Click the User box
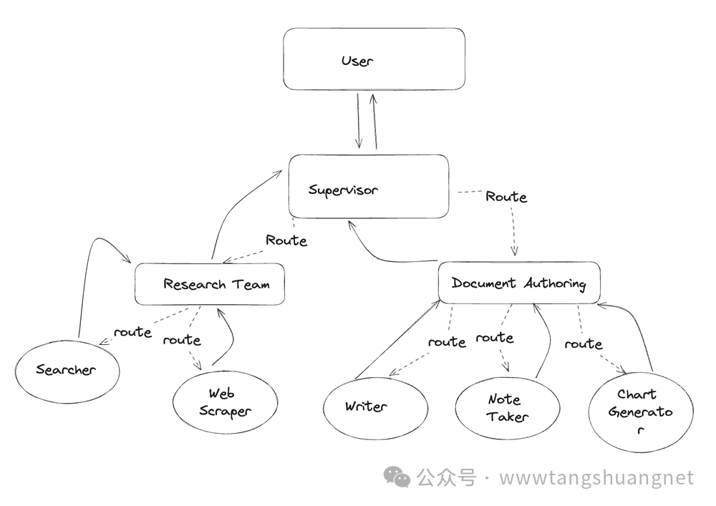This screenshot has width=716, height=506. (x=374, y=59)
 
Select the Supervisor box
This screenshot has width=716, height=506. (x=369, y=187)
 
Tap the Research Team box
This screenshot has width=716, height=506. (x=210, y=283)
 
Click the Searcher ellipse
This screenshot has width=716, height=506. (x=67, y=369)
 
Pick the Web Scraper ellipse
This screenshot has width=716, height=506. (x=226, y=402)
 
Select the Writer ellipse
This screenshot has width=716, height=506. (x=365, y=407)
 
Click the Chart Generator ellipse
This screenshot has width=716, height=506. (x=641, y=411)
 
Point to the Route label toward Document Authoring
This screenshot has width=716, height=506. (x=506, y=196)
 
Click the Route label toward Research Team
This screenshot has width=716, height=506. (x=286, y=240)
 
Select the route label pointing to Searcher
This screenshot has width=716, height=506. (x=132, y=332)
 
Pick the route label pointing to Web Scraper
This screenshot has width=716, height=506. (x=182, y=340)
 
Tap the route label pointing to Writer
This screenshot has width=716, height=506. (x=447, y=342)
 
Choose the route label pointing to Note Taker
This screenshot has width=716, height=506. (x=495, y=337)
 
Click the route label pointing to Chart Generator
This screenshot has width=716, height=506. (x=584, y=344)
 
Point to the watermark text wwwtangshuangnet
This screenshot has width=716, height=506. (x=596, y=477)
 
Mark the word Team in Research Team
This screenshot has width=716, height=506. (x=250, y=284)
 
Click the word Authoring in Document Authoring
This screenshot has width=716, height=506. (x=554, y=283)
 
